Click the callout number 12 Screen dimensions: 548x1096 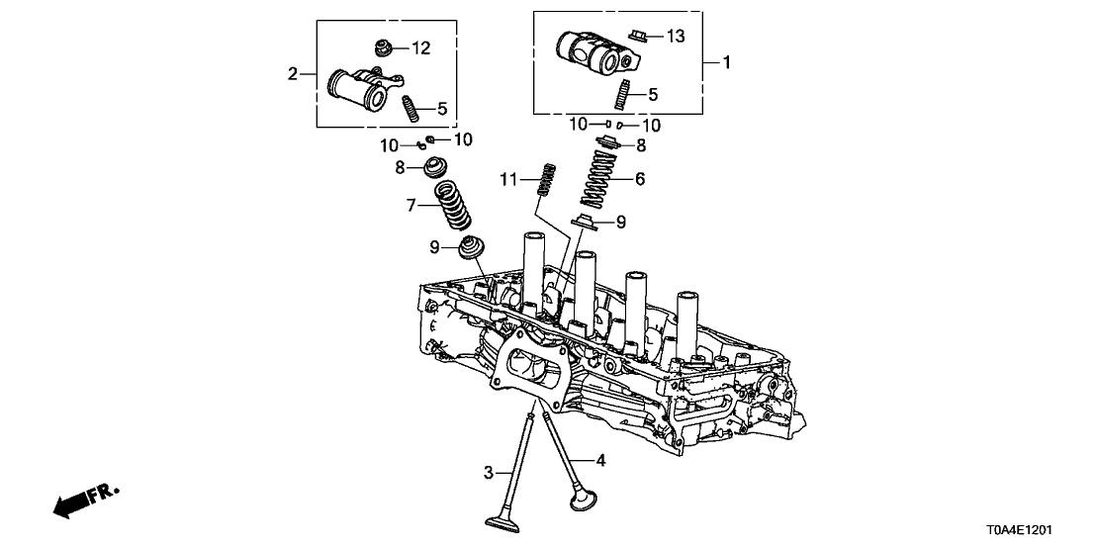[x=421, y=47]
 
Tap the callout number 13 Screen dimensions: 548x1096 [x=675, y=37]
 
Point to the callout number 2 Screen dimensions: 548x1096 [x=293, y=73]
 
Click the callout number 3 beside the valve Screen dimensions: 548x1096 [x=488, y=473]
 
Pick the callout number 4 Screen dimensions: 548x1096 [x=600, y=460]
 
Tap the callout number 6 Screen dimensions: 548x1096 [x=639, y=179]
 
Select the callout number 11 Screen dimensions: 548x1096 [x=508, y=179]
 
